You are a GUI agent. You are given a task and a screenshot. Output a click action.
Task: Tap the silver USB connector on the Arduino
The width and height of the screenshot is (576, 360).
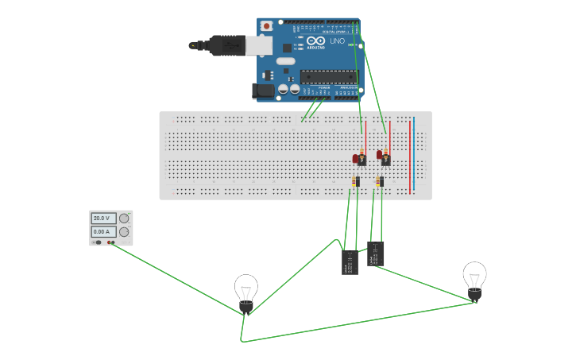(x=259, y=46)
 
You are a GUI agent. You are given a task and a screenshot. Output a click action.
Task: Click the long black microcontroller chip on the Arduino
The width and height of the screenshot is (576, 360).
(x=327, y=77)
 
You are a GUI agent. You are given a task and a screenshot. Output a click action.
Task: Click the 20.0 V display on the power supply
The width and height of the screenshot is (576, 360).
(x=102, y=218)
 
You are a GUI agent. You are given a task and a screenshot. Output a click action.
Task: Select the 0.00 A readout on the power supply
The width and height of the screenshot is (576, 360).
(x=102, y=231)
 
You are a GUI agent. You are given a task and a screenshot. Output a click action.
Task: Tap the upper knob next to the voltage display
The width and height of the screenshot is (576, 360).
(x=124, y=218)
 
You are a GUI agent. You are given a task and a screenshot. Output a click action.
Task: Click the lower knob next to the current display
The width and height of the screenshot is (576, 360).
(x=124, y=231)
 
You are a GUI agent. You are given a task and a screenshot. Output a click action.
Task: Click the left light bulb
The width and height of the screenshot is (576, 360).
(x=246, y=291)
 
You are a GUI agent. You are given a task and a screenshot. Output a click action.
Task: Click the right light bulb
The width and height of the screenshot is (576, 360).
(x=474, y=279)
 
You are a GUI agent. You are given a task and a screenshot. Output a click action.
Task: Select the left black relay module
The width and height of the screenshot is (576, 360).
(x=350, y=261)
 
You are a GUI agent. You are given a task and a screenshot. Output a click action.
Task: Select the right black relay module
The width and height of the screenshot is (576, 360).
(x=376, y=254)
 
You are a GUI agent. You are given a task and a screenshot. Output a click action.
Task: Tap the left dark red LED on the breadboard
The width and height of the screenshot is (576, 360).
(x=358, y=158)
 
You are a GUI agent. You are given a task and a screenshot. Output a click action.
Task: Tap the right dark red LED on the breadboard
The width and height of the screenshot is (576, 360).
(x=382, y=155)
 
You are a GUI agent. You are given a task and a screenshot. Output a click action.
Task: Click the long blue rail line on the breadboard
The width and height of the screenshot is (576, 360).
(x=414, y=155)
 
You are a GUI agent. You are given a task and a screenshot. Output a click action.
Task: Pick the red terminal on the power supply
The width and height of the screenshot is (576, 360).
(x=112, y=242)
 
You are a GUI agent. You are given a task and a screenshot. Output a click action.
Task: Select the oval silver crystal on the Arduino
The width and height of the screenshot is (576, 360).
(x=284, y=60)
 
